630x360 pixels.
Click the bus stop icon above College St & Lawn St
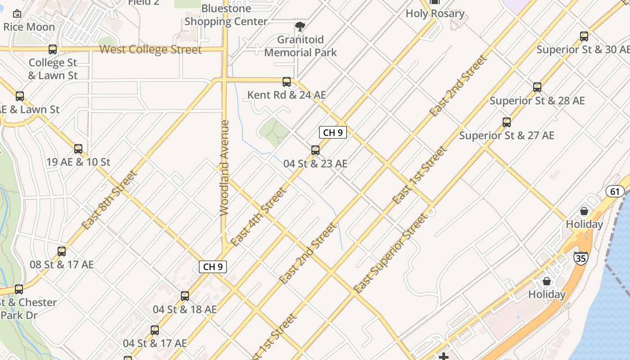[53, 49]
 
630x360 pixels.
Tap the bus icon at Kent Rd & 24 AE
[287, 82]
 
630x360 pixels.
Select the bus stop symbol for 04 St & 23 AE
[315, 150]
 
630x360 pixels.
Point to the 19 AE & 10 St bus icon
[78, 149]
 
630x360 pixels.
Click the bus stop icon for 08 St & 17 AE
[62, 252]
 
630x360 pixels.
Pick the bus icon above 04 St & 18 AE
[185, 296]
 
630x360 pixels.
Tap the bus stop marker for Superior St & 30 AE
[584, 36]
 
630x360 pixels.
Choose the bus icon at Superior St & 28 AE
[537, 87]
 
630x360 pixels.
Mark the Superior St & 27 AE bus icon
[507, 122]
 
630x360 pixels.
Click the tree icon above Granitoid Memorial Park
[300, 27]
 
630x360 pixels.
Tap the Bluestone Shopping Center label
[226, 15]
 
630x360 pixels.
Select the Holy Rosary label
[435, 13]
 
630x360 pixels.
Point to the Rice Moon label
[29, 27]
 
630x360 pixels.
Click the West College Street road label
[150, 49]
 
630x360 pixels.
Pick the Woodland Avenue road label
[225, 167]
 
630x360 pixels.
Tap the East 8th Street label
[109, 200]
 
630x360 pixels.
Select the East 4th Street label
[258, 216]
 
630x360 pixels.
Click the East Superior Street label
[390, 253]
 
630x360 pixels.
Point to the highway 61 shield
[615, 192]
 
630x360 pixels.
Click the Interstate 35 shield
[580, 258]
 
